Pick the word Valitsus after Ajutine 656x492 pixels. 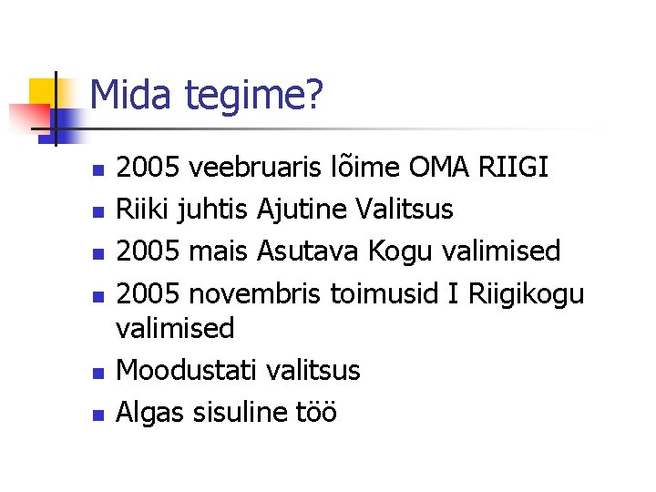coord(404,209)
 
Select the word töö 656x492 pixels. coord(316,412)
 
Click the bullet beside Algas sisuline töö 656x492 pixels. coord(98,415)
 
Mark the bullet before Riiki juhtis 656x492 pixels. coord(98,212)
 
